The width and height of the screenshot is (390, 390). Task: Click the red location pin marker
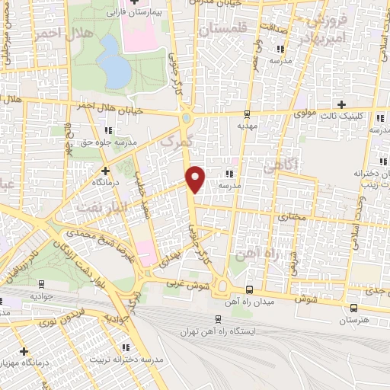[196, 178]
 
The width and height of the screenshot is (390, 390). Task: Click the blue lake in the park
[114, 61]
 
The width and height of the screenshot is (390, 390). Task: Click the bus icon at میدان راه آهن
[251, 289]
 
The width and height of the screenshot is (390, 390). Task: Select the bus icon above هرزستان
[353, 308]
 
